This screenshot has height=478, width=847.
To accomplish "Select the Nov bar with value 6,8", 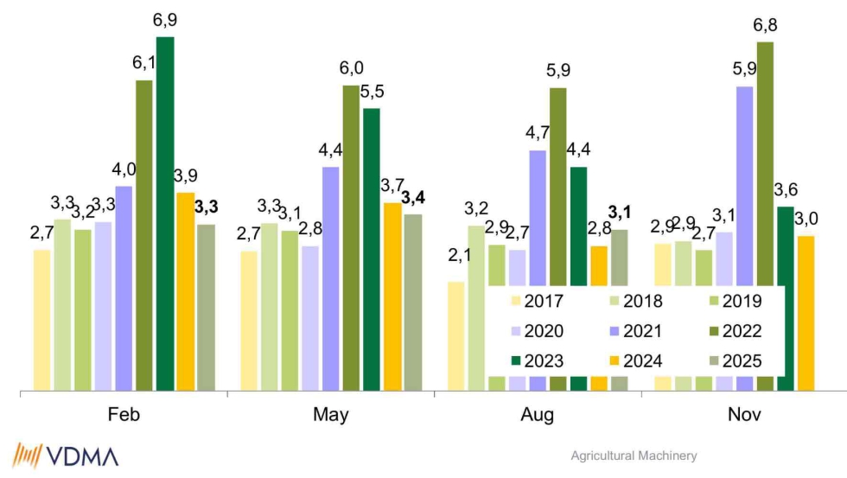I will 765,216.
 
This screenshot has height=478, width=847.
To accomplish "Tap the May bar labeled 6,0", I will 351,238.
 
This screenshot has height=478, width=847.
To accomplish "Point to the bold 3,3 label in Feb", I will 207,207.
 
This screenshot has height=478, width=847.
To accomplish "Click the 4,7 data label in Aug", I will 538,133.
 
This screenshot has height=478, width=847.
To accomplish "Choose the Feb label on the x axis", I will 124,415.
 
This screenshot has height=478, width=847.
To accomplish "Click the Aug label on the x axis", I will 538,415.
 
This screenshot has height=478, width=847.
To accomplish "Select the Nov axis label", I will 744,415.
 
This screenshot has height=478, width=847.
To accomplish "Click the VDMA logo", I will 66,455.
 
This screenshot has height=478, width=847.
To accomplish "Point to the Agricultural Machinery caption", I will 634,456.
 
